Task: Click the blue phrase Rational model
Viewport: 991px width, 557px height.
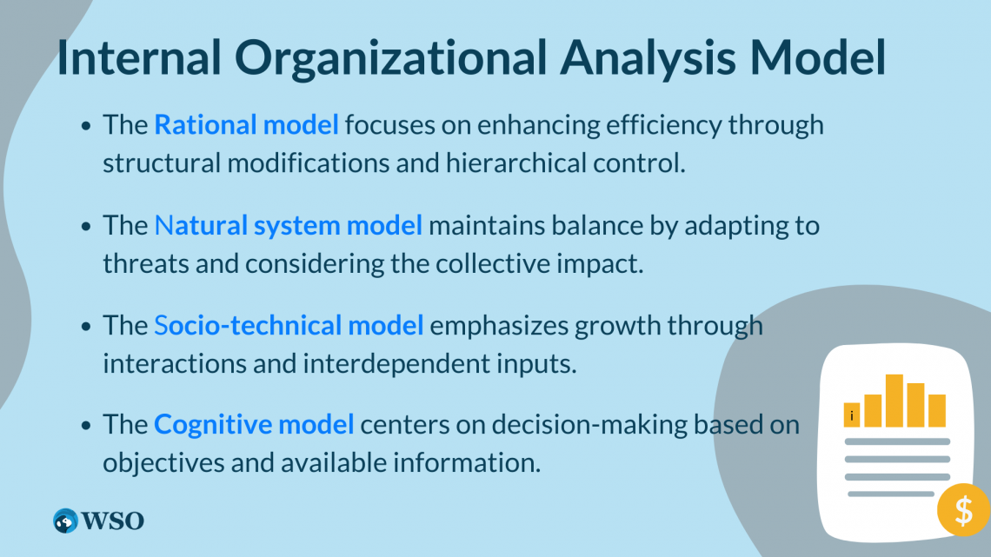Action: tap(246, 125)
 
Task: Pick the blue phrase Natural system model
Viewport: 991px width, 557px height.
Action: tap(289, 226)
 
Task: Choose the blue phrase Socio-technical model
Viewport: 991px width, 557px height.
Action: tap(289, 326)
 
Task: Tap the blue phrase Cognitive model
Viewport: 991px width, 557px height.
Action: tap(254, 425)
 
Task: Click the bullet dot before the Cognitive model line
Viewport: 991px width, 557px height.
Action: tap(86, 426)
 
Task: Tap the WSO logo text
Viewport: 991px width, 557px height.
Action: tap(113, 521)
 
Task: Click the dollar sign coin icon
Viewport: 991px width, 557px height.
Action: tap(962, 509)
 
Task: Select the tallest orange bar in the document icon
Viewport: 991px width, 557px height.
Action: tap(894, 401)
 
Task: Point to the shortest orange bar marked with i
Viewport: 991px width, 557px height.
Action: tap(852, 414)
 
